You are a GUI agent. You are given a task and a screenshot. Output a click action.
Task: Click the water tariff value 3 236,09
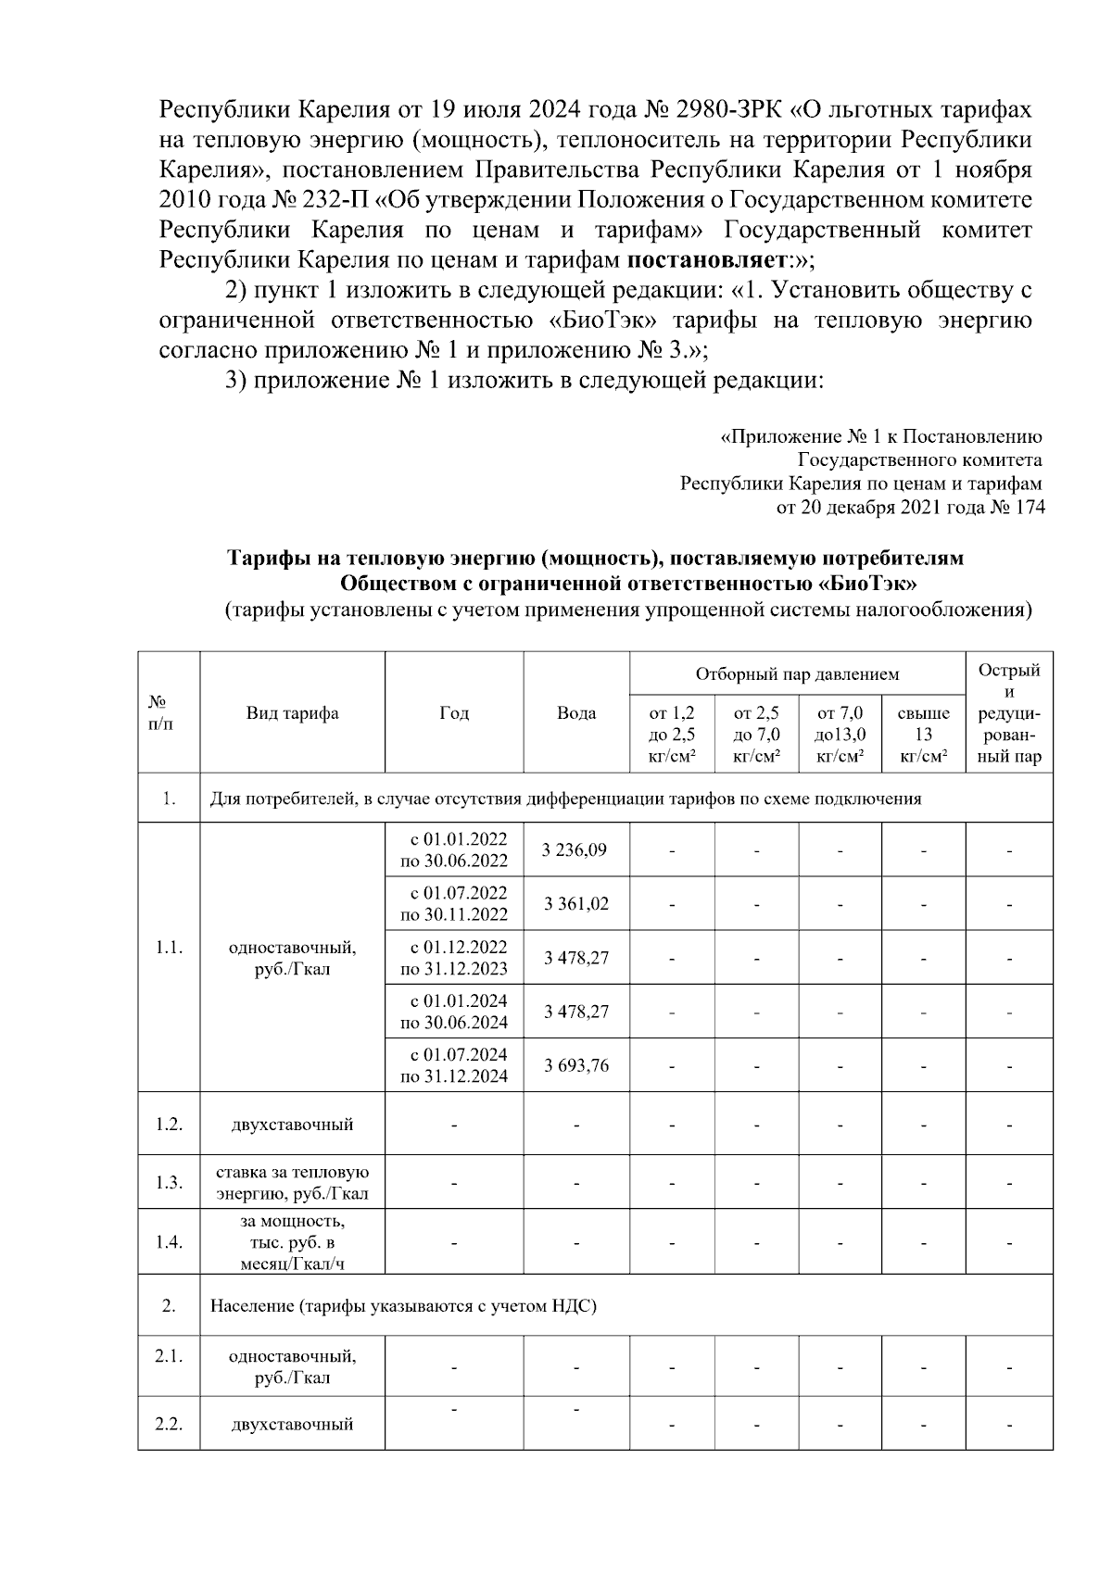575,849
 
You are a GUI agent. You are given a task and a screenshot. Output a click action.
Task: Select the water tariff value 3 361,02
575,903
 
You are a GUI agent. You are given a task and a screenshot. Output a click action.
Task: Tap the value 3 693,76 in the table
575,1065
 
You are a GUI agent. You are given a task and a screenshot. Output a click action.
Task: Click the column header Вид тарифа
292,712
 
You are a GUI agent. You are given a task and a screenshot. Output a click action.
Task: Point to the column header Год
453,712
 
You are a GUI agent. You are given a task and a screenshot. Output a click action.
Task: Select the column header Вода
575,712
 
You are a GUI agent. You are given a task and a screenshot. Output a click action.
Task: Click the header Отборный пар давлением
797,673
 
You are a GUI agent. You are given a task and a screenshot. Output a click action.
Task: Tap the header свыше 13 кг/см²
923,735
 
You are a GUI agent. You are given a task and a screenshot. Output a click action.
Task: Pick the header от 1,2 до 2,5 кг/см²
672,735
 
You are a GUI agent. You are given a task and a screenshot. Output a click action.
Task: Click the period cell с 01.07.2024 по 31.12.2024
453,1065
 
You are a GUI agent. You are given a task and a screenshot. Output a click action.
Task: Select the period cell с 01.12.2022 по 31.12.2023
453,958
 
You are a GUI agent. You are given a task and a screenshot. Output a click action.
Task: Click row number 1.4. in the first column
169,1241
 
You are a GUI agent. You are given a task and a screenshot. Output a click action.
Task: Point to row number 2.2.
169,1424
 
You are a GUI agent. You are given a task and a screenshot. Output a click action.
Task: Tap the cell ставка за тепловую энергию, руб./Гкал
292,1183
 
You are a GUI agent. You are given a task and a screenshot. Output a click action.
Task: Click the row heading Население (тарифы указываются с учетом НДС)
403,1306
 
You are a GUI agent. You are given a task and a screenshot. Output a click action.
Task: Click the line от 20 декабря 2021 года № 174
910,507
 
